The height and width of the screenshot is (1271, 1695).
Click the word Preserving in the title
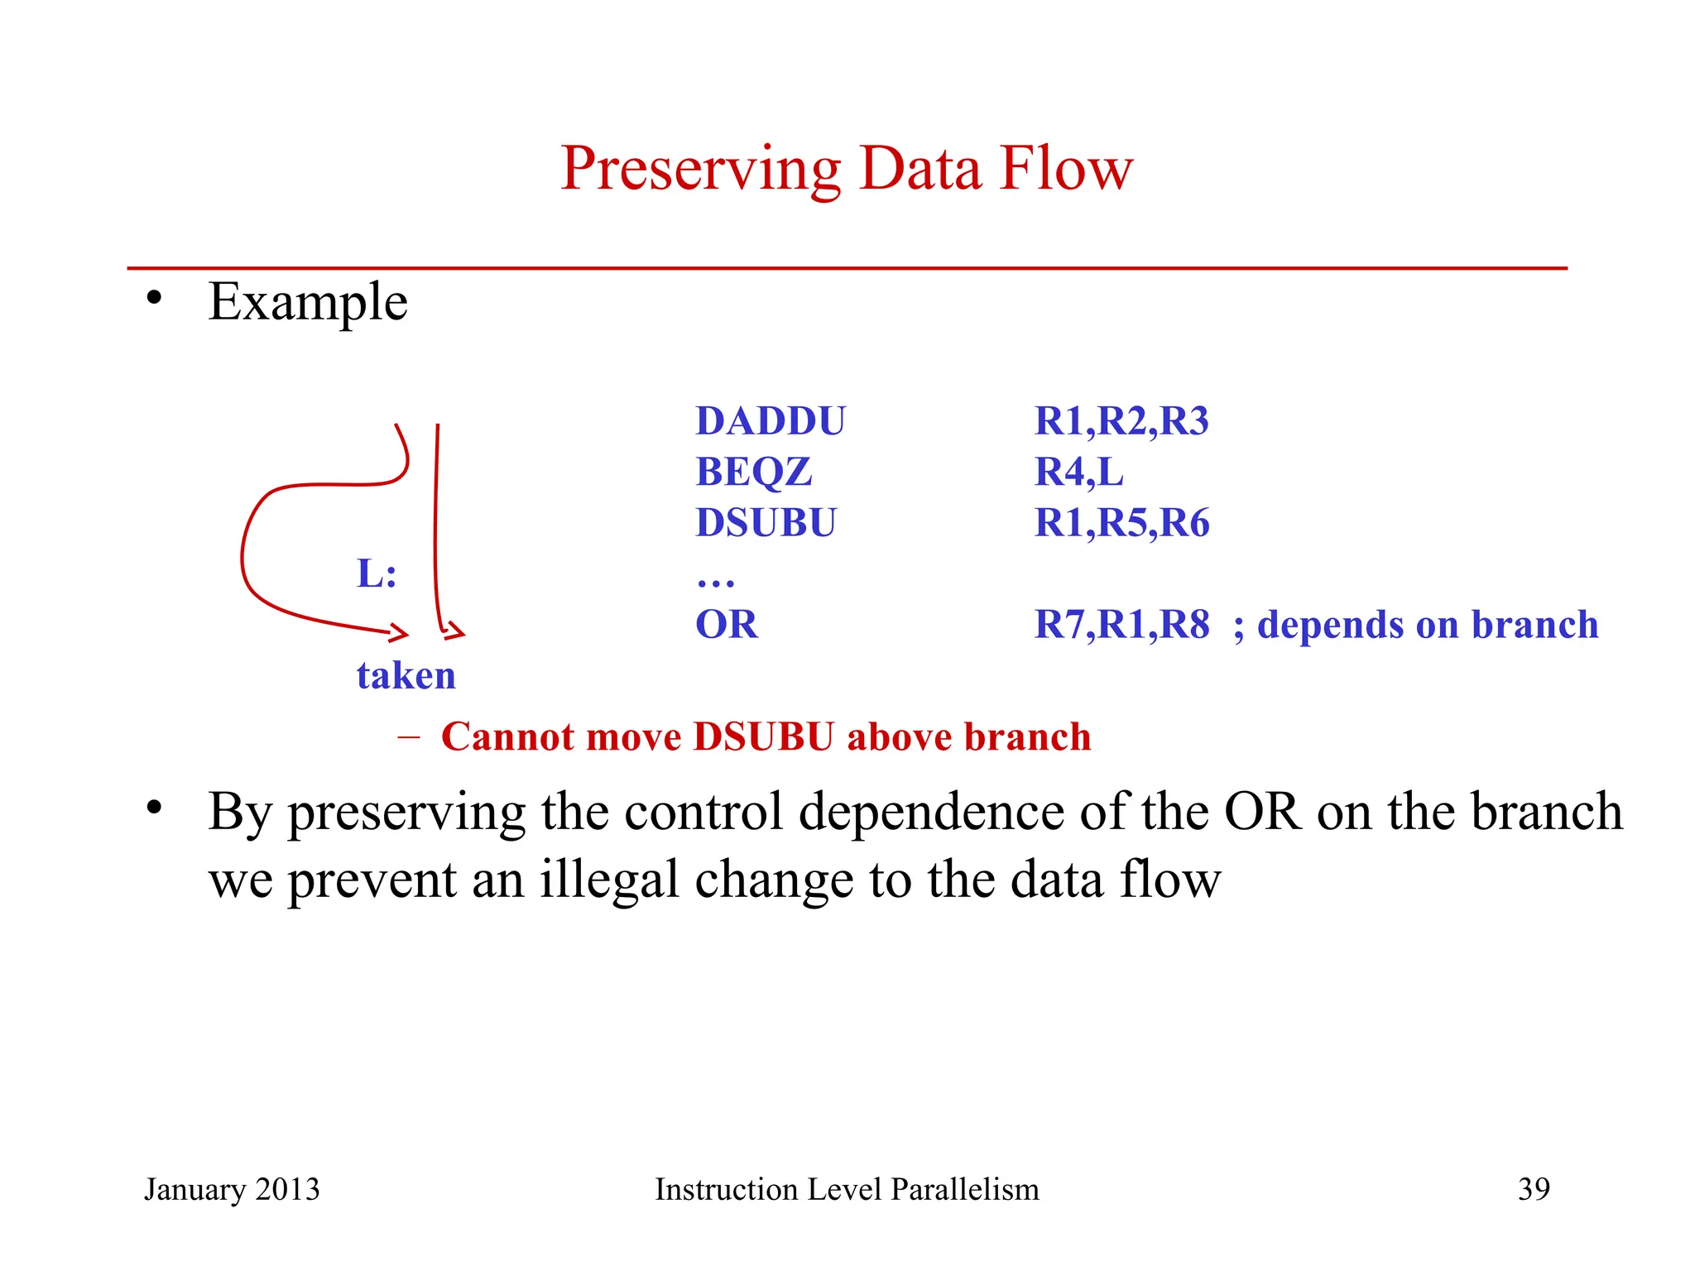[x=700, y=169]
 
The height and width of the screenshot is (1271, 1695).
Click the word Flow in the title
[x=1066, y=169]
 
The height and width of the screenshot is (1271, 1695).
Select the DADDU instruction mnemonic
[x=770, y=421]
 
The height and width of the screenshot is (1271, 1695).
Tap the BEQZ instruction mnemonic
[x=753, y=472]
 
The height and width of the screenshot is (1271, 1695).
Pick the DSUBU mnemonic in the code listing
[x=766, y=523]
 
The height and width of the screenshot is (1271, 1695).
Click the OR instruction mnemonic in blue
[x=726, y=625]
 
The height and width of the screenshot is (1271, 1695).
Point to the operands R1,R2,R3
[x=1121, y=421]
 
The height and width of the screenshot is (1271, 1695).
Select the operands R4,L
[x=1078, y=472]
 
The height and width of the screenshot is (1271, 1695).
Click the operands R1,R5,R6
[x=1121, y=523]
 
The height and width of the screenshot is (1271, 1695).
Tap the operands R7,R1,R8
[x=1121, y=625]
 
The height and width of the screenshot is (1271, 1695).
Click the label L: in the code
[x=377, y=573]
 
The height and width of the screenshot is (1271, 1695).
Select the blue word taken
[x=406, y=676]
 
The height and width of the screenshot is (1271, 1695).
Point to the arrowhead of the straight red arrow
[x=452, y=632]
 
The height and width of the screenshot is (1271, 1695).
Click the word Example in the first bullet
[x=307, y=302]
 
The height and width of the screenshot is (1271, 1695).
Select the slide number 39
[x=1533, y=1189]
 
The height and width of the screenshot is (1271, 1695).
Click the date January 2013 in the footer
[x=232, y=1189]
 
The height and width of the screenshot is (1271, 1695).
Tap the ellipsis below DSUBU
[x=715, y=583]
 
